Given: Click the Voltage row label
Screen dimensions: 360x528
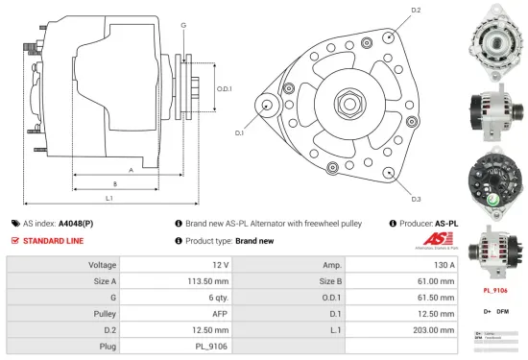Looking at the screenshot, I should pyautogui.click(x=102, y=264).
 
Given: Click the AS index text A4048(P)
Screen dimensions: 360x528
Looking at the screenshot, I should pyautogui.click(x=76, y=222).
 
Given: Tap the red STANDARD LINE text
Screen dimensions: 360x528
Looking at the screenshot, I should pyautogui.click(x=54, y=240).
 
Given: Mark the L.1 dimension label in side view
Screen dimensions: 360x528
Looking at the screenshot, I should pyautogui.click(x=109, y=198).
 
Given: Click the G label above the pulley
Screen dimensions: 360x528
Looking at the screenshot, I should pyautogui.click(x=182, y=24).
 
